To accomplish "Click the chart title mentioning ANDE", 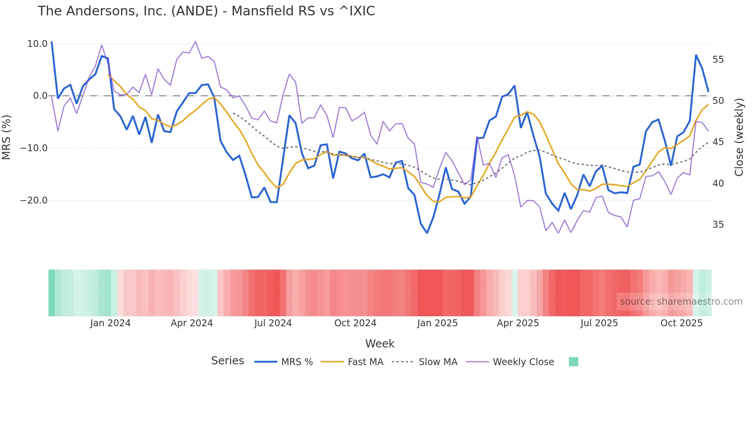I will pyautogui.click(x=206, y=11).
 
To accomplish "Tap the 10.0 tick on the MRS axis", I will pyautogui.click(x=37, y=44).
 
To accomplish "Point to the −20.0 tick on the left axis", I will pyautogui.click(x=34, y=200).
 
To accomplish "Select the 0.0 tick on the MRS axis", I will pyautogui.click(x=40, y=96).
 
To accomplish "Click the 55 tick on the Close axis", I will pyautogui.click(x=718, y=60).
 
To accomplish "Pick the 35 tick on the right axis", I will pyautogui.click(x=718, y=225).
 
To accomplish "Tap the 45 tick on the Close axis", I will pyautogui.click(x=718, y=142).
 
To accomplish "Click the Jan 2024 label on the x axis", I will pyautogui.click(x=110, y=323).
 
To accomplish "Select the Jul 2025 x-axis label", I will pyautogui.click(x=599, y=323).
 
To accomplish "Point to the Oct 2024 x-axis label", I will pyautogui.click(x=355, y=323).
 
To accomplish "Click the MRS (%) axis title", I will pyautogui.click(x=7, y=137).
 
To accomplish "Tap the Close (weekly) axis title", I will pyautogui.click(x=739, y=137).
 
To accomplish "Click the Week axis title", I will pyautogui.click(x=380, y=344).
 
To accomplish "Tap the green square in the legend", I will pyautogui.click(x=573, y=362).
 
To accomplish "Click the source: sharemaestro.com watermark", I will pyautogui.click(x=681, y=302).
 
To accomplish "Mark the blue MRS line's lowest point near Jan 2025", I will pyautogui.click(x=427, y=233).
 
